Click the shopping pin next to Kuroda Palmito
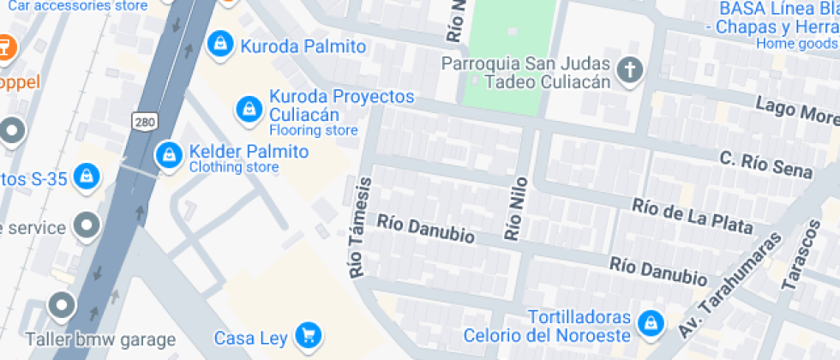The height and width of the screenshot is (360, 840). click(220, 42)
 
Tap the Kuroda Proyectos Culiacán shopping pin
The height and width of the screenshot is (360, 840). click(249, 108)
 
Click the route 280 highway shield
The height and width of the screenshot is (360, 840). click(144, 122)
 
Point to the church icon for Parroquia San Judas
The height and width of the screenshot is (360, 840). click(630, 71)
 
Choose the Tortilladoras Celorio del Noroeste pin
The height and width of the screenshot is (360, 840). click(651, 323)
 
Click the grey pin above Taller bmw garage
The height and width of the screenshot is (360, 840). click(62, 305)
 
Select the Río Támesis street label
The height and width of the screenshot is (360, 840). click(361, 227)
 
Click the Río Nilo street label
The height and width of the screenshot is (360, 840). click(514, 214)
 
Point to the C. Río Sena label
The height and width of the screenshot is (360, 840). click(765, 165)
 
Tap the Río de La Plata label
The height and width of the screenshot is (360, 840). click(693, 215)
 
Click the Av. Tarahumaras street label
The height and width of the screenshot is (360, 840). click(729, 284)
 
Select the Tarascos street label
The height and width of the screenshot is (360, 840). click(802, 255)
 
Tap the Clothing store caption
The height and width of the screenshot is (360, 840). click(233, 167)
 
